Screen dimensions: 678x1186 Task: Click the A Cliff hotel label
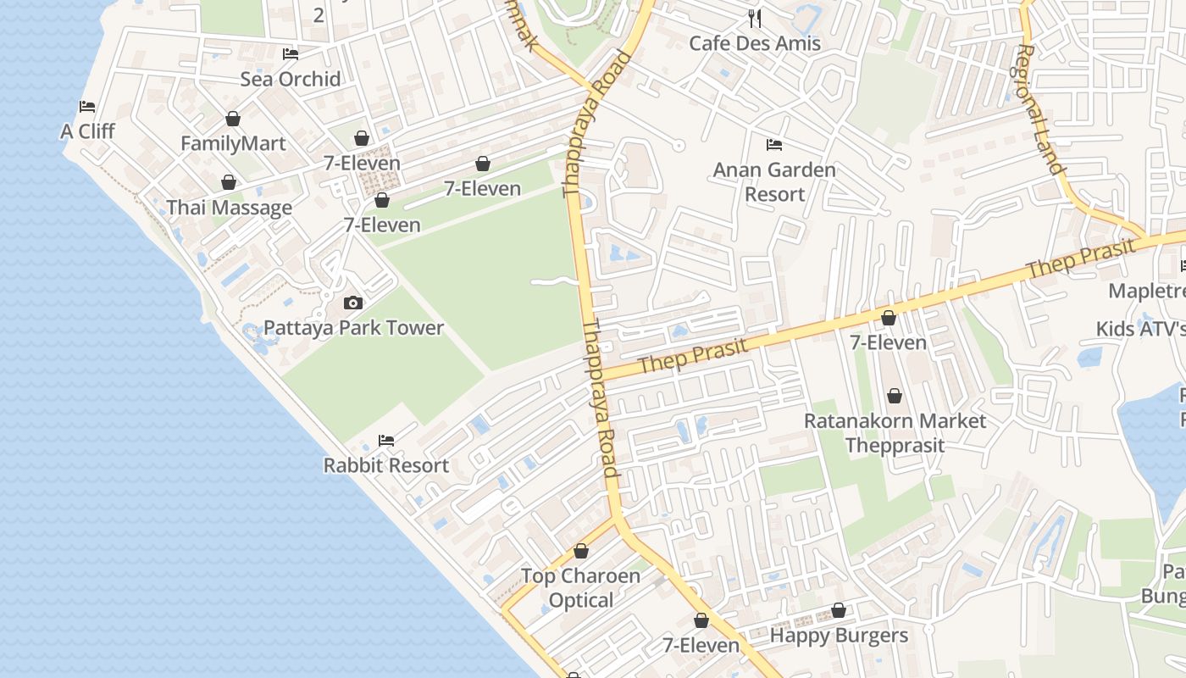(87, 131)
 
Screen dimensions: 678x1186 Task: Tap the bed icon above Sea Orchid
(291, 54)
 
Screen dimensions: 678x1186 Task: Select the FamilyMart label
(233, 143)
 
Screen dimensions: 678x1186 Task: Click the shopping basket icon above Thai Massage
(229, 182)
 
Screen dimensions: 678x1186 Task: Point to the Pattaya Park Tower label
(353, 328)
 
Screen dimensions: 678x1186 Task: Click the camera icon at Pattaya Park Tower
(353, 303)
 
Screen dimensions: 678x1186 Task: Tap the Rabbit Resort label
(386, 465)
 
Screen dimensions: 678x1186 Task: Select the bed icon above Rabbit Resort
(386, 440)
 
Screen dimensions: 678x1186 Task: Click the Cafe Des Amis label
(755, 43)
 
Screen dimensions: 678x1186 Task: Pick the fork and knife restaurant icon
(755, 18)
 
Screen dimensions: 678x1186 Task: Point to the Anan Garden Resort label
(774, 181)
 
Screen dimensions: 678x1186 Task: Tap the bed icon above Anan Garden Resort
(774, 145)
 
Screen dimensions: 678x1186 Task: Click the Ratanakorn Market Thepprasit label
(895, 432)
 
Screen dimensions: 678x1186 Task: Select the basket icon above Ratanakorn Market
(895, 396)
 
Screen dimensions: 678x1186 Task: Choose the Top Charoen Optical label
(580, 588)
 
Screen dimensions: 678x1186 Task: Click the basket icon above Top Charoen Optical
(581, 551)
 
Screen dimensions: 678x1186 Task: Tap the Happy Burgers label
(839, 636)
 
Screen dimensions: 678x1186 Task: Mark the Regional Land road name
(1039, 110)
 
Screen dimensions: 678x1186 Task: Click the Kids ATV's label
(1140, 329)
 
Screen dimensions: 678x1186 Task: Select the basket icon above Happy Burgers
(839, 610)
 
